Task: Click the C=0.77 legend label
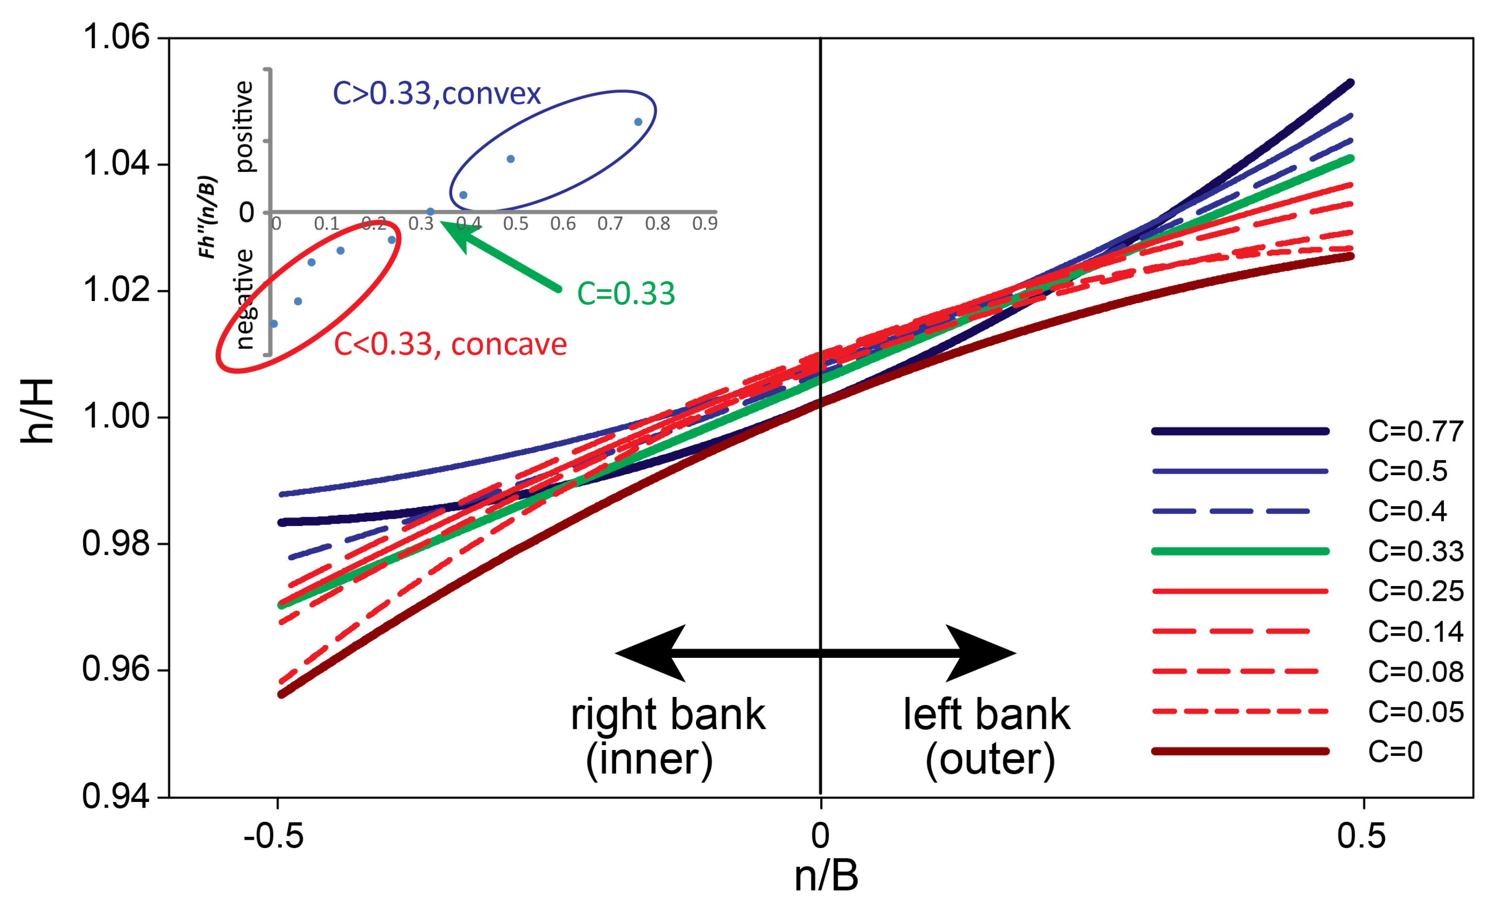[x=1415, y=431]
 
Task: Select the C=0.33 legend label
[x=1415, y=551]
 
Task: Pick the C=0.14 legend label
[x=1415, y=632]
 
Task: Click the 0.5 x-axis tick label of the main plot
[x=1361, y=836]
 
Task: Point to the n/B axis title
[x=826, y=876]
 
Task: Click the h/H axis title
[x=37, y=412]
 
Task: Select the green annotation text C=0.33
[x=626, y=294]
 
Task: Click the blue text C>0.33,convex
[x=436, y=94]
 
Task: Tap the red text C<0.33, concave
[x=450, y=345]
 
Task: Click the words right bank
[x=667, y=715]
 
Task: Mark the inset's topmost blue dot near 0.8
[x=638, y=122]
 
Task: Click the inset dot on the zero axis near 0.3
[x=430, y=212]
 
